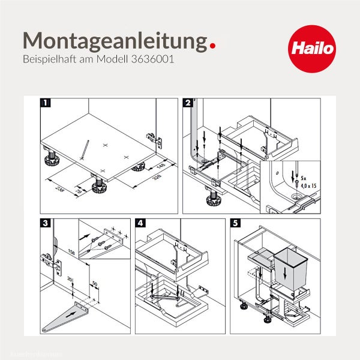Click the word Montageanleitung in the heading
111,40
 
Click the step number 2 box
188,103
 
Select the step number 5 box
235,223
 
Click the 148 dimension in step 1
161,165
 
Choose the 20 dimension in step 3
70,280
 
